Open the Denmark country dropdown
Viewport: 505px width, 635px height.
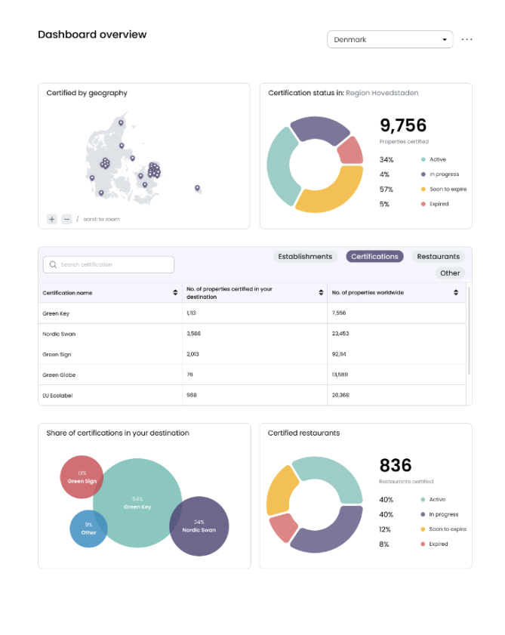point(390,39)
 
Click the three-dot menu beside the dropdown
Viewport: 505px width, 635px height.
point(467,39)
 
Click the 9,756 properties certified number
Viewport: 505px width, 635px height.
point(403,125)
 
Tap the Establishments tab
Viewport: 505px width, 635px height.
point(305,257)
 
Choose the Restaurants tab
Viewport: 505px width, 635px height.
point(438,257)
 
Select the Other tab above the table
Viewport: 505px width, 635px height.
point(450,273)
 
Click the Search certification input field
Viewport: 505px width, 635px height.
point(109,264)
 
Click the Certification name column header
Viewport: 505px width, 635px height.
point(68,292)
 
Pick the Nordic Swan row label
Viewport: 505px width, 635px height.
point(59,334)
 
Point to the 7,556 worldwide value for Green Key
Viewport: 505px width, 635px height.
point(340,313)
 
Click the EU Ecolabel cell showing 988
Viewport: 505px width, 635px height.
point(192,395)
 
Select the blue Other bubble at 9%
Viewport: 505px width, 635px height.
point(88,529)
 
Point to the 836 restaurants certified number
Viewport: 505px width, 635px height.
point(396,465)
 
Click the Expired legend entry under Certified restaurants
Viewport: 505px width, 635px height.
point(438,544)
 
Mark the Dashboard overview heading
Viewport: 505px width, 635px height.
point(92,35)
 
